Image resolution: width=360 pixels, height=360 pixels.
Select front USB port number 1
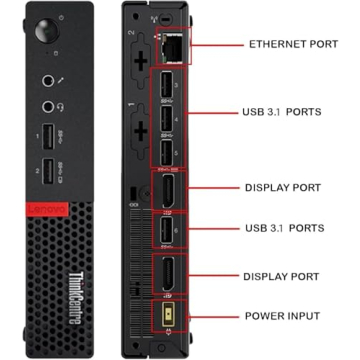tap(47, 138)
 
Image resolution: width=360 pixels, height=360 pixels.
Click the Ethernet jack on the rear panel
tap(170, 45)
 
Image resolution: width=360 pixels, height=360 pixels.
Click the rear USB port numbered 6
tap(166, 230)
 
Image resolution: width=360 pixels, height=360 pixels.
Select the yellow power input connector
tap(166, 316)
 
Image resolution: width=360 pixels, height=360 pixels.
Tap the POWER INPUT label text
tap(283, 316)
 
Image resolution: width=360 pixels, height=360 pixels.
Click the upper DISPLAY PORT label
tap(283, 187)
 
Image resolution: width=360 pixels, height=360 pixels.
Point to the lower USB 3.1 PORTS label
tap(283, 228)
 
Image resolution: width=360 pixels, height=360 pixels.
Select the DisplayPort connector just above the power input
tap(166, 273)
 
